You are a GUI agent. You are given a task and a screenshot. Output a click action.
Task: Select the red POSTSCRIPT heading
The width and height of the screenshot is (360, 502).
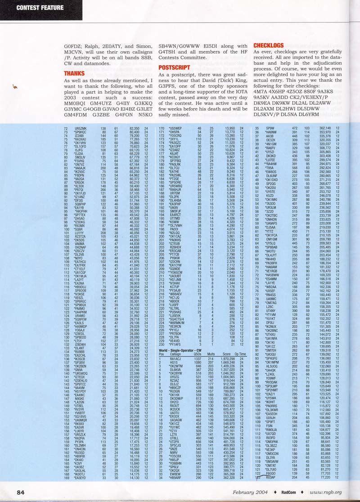click(x=173, y=67)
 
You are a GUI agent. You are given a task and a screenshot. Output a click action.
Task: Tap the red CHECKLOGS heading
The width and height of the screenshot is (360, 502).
click(x=269, y=45)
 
